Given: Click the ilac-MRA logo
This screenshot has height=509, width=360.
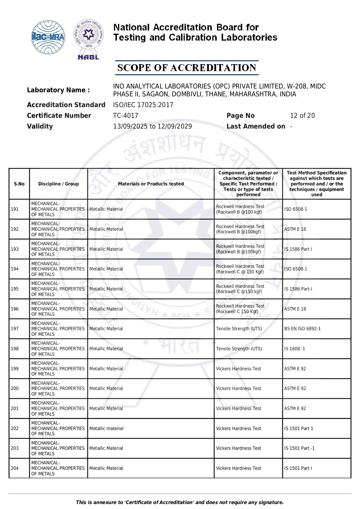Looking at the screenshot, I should click(48, 37).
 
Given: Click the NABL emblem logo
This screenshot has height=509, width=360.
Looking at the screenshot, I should click(88, 39).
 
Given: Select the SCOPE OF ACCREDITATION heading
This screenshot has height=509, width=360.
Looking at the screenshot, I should click(187, 68).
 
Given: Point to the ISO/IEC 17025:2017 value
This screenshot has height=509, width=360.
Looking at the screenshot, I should click(143, 105).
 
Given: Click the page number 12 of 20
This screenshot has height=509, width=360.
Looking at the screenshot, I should click(302, 115).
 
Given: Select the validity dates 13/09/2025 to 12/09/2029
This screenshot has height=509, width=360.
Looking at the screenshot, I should click(152, 126).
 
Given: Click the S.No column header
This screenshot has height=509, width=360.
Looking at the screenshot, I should click(19, 184).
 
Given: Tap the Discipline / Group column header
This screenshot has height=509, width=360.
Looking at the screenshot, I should click(59, 184).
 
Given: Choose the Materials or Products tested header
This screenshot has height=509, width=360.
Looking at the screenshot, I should click(151, 184).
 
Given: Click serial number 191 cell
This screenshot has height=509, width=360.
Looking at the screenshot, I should click(15, 209).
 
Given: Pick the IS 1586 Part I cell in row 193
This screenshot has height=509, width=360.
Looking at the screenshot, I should click(298, 249).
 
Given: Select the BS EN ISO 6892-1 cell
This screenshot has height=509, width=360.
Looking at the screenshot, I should click(302, 328).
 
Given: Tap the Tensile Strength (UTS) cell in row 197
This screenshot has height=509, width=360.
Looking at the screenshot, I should click(239, 328).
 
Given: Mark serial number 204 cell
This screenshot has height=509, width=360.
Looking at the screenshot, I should click(15, 468).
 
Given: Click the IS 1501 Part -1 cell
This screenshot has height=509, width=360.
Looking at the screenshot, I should click(299, 448).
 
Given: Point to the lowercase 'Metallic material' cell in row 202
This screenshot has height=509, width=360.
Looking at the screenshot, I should click(106, 428).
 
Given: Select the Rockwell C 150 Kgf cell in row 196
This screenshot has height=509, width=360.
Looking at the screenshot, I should click(240, 309).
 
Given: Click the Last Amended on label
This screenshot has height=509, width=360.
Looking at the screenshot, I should click(256, 126).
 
